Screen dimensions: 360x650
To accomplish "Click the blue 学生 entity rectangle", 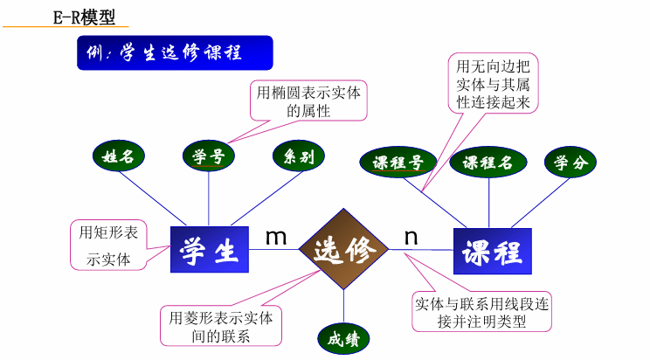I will coord(209,252).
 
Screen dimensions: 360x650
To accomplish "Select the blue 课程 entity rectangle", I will coord(493,252).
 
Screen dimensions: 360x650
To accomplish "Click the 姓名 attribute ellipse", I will coord(118,157).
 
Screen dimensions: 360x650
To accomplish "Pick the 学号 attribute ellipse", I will coord(208,157).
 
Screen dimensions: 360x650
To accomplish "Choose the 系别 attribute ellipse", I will coord(299,156).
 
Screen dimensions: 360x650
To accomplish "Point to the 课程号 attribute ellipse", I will coord(398,163).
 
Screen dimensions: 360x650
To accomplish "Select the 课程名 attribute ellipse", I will coord(487,163).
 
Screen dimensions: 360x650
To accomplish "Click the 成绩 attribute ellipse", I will coord(343,340).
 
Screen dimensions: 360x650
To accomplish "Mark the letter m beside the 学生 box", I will coord(276,236).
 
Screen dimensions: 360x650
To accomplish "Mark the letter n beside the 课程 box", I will coord(411,237).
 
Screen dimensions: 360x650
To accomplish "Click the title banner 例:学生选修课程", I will coord(176,52).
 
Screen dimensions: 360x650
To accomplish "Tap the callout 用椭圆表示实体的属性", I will coord(308,100).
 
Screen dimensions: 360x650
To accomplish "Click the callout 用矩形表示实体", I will coord(108,246).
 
